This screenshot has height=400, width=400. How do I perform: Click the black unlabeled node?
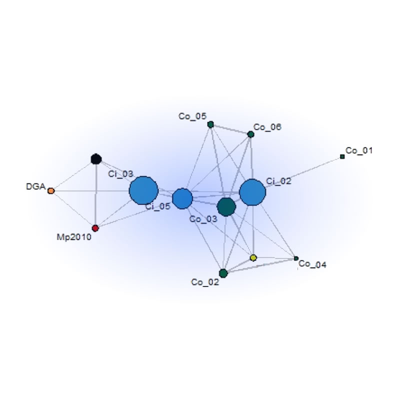tap(96, 159)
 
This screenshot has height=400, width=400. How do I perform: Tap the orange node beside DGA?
tap(51, 191)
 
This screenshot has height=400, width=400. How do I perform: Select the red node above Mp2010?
tap(95, 228)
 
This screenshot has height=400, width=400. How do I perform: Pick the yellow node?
tap(253, 257)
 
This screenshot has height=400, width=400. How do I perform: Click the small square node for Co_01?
tap(342, 156)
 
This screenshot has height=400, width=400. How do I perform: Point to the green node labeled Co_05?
tap(210, 124)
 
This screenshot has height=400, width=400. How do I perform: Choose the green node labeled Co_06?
tap(251, 134)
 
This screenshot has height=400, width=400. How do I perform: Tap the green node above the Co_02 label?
tap(223, 273)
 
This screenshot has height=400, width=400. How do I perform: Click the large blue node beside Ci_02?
tap(252, 192)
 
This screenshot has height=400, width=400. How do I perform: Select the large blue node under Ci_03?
tap(143, 190)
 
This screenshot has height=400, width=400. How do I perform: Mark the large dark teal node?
tap(226, 207)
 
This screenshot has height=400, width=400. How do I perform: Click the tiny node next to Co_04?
tap(296, 258)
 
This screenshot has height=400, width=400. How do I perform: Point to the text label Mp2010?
tap(74, 237)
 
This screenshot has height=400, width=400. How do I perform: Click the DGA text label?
tap(36, 186)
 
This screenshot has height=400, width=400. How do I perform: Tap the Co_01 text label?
tap(359, 150)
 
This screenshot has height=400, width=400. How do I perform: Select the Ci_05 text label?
tap(157, 206)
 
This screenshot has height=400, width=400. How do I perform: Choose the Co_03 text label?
tap(203, 219)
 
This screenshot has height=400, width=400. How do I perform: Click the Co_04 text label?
tap(312, 264)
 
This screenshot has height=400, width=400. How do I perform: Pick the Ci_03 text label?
tap(120, 174)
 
